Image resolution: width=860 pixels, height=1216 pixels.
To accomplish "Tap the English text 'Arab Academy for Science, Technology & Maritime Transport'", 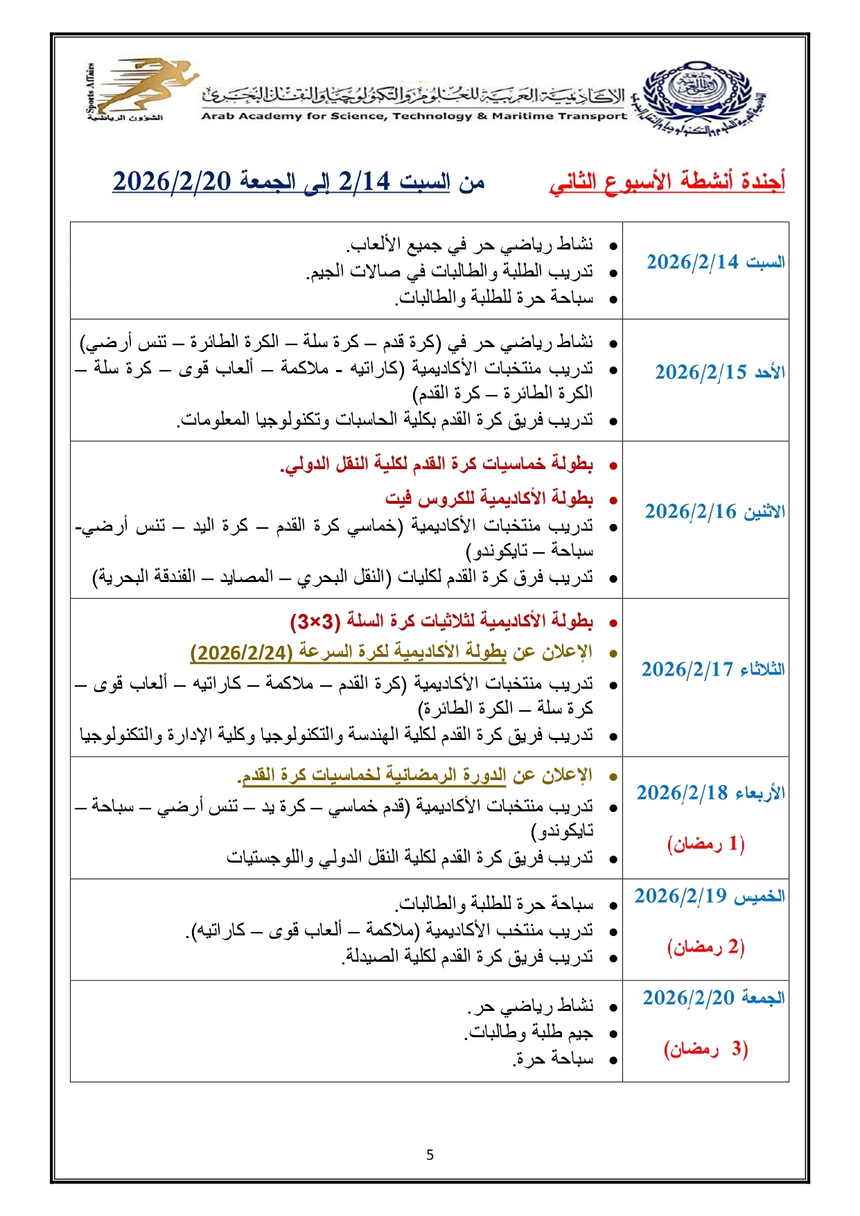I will [x=414, y=116].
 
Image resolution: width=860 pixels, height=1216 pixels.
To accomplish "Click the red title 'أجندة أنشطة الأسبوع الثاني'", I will [x=667, y=182].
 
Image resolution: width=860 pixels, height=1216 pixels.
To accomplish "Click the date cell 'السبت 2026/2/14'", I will [x=715, y=263].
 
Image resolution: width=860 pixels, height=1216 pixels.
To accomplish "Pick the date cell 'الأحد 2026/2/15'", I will [x=719, y=373].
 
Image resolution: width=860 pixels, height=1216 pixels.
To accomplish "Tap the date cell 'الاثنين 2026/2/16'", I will [x=714, y=512].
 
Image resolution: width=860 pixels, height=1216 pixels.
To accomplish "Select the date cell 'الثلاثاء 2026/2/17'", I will [x=712, y=669].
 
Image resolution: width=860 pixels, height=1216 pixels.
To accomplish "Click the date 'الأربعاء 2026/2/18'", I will [x=710, y=793].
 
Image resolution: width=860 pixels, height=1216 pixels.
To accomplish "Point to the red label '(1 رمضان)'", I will [x=705, y=844].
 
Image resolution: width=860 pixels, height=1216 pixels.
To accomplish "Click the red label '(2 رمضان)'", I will [x=705, y=947].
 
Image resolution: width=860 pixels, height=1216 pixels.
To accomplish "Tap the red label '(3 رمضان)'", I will [x=705, y=1049].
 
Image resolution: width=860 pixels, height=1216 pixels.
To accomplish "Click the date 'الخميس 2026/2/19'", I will [x=710, y=897].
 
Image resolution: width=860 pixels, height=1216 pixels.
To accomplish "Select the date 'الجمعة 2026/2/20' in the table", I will [x=713, y=998].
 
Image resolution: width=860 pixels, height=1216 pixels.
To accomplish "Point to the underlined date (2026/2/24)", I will [x=241, y=653].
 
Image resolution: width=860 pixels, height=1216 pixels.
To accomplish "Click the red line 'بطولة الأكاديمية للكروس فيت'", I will [x=489, y=498].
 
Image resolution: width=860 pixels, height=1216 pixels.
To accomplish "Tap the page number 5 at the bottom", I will [x=430, y=1155].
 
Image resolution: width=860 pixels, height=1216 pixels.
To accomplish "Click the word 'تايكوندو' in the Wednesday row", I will [x=563, y=831].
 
